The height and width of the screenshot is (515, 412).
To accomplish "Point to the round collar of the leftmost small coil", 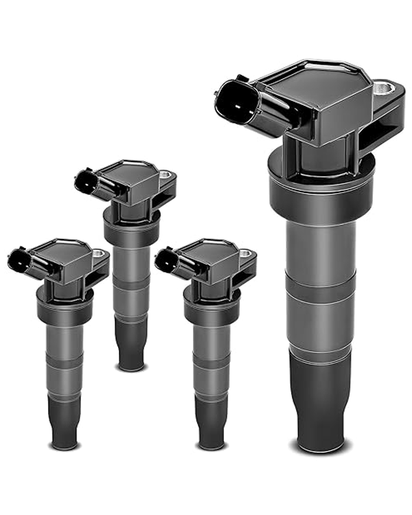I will point(65,305).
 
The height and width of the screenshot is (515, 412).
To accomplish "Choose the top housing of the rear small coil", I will point(134,175).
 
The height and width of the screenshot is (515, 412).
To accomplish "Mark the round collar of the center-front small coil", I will point(211,305).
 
